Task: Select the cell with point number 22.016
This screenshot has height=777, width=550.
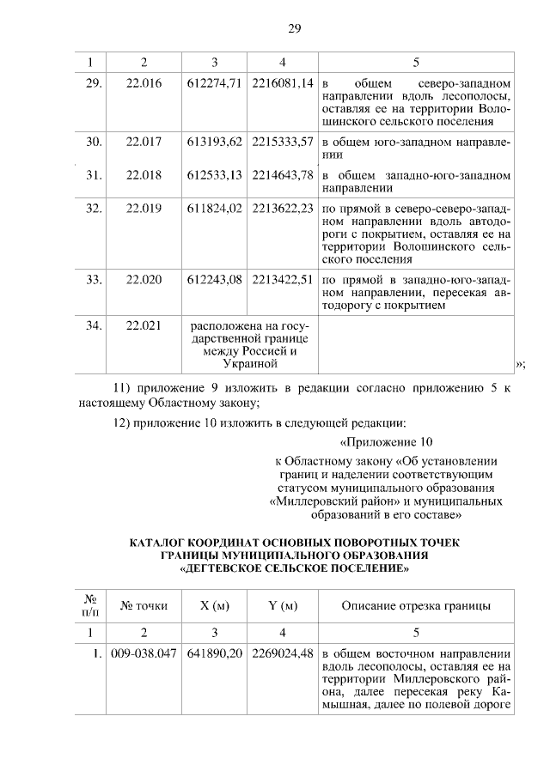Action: coord(144,86)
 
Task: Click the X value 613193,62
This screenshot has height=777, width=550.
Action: coord(214,142)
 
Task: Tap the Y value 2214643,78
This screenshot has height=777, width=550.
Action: coord(283,176)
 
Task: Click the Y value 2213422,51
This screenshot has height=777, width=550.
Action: coord(283,280)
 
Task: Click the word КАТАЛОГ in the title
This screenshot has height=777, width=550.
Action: coord(164,542)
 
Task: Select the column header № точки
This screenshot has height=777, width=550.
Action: coord(144,606)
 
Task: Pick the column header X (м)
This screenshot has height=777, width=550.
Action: coord(214,606)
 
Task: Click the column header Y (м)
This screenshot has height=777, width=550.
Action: coord(283,606)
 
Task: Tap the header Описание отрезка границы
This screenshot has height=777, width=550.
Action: coord(416,606)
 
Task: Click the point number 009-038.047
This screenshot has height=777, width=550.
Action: coord(144,653)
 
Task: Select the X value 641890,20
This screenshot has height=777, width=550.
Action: coord(214,653)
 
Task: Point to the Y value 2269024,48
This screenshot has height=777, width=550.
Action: coord(283,653)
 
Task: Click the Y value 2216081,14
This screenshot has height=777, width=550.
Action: coord(283,86)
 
